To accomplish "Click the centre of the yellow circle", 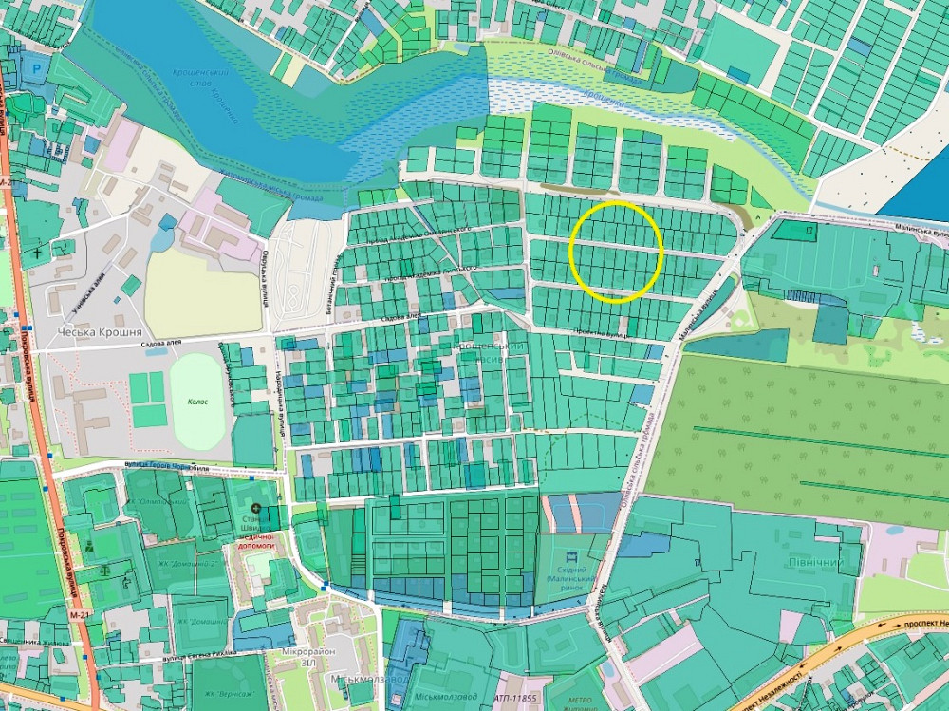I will (615, 253).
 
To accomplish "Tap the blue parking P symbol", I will (37, 69).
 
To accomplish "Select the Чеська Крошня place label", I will (99, 332).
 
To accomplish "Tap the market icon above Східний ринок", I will (570, 555).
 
